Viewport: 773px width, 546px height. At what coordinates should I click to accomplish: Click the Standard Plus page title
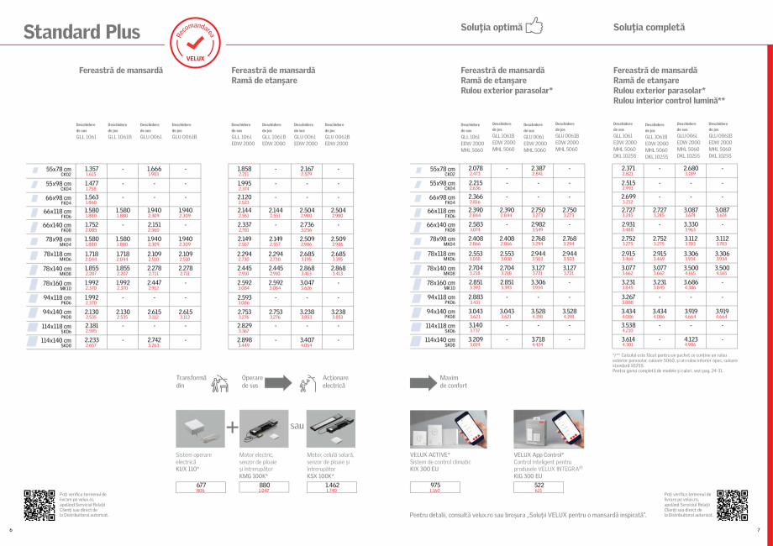tap(82, 33)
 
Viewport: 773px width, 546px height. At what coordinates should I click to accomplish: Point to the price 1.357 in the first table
tap(92, 169)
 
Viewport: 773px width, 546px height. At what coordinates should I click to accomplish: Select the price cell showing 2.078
tap(476, 169)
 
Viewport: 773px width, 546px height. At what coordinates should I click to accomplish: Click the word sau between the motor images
tap(296, 426)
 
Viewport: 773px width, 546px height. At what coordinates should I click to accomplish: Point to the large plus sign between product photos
tap(232, 427)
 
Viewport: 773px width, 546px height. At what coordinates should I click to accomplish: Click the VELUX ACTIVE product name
tap(430, 454)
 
